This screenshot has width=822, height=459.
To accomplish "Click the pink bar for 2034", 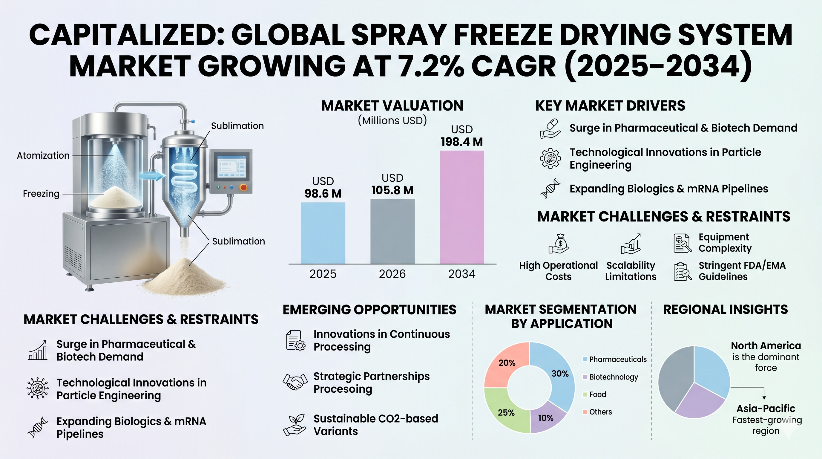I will pyautogui.click(x=462, y=207).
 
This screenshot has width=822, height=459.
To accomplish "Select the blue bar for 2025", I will pyautogui.click(x=323, y=233).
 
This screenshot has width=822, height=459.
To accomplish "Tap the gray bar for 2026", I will pyautogui.click(x=392, y=231).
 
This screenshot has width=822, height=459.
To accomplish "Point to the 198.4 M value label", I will pyautogui.click(x=462, y=142).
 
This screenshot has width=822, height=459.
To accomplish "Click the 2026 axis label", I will pyautogui.click(x=392, y=274).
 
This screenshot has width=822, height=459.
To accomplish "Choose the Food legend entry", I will pyautogui.click(x=597, y=394).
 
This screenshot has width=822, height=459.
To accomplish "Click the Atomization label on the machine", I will pyautogui.click(x=43, y=156).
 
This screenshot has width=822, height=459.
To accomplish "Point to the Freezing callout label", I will pyautogui.click(x=41, y=194).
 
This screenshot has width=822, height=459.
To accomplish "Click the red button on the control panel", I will pyautogui.click(x=243, y=187).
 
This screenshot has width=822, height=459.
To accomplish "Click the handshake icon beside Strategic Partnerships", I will pyautogui.click(x=295, y=382).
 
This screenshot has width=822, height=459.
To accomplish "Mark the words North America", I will pyautogui.click(x=766, y=346).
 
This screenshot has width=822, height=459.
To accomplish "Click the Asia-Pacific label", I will pyautogui.click(x=766, y=408).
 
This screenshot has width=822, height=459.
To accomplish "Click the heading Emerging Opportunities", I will pyautogui.click(x=369, y=310).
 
